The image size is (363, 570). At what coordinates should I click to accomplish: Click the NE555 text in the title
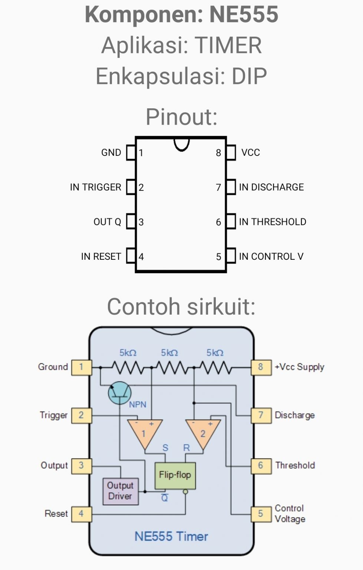tap(244, 15)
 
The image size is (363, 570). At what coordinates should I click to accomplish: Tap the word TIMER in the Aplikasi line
tap(228, 46)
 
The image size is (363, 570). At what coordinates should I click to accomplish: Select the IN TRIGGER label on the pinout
tap(95, 187)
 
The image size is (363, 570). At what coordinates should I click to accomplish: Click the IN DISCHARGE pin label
tap(271, 187)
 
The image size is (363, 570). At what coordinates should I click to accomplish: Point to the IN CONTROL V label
tap(271, 256)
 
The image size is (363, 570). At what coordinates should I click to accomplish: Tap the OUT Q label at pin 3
tap(107, 222)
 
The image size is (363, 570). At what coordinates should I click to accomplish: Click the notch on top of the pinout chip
tap(182, 144)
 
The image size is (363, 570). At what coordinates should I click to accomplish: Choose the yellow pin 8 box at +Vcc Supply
tap(261, 367)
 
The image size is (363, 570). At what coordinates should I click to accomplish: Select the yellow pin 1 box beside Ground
tap(81, 367)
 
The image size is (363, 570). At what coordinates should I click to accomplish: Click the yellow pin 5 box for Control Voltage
tap(261, 514)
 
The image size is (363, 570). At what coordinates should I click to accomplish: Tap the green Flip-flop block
tap(175, 475)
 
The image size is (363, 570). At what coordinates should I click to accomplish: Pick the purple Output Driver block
tap(120, 491)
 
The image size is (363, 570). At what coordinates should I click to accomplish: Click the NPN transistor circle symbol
tap(119, 393)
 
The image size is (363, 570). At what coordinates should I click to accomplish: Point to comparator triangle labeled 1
tap(144, 432)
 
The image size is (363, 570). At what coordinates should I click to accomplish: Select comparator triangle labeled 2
tap(203, 432)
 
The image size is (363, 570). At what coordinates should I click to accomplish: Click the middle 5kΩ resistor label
tap(169, 353)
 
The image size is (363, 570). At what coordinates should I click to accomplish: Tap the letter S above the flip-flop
tap(165, 448)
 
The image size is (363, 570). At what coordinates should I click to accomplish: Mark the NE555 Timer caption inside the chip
tap(171, 537)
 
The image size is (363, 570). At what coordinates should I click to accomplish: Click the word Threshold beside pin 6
tap(295, 465)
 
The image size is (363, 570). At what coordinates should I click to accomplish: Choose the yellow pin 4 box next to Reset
tap(81, 514)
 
